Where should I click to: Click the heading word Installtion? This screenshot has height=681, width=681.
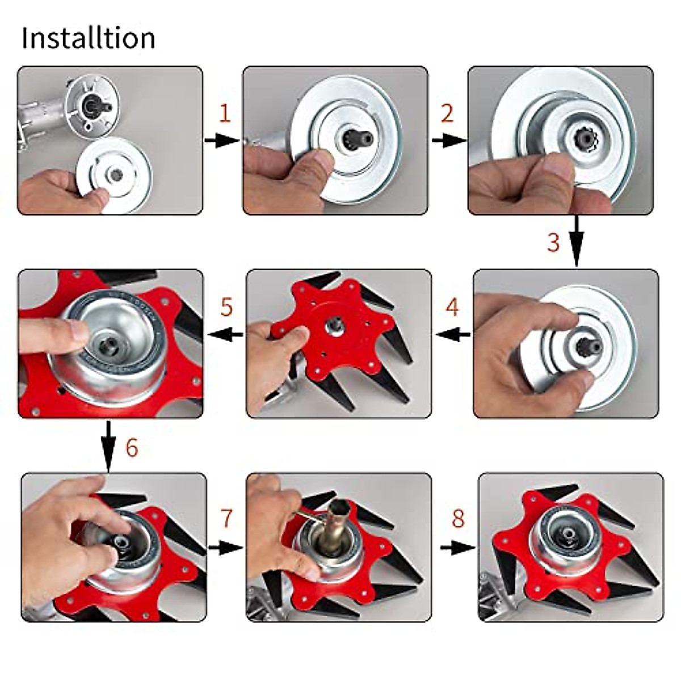89,38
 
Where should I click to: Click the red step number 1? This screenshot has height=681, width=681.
225,114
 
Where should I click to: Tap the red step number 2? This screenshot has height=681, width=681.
447,113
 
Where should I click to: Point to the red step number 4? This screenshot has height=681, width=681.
452,307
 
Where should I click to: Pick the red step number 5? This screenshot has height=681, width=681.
226,307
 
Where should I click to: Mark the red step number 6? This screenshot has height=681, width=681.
132,448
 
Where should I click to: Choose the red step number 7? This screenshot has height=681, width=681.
226,518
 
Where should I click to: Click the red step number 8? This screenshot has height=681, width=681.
457,519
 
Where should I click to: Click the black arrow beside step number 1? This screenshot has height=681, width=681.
222,140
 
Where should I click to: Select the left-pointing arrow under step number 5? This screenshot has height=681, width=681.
226,334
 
